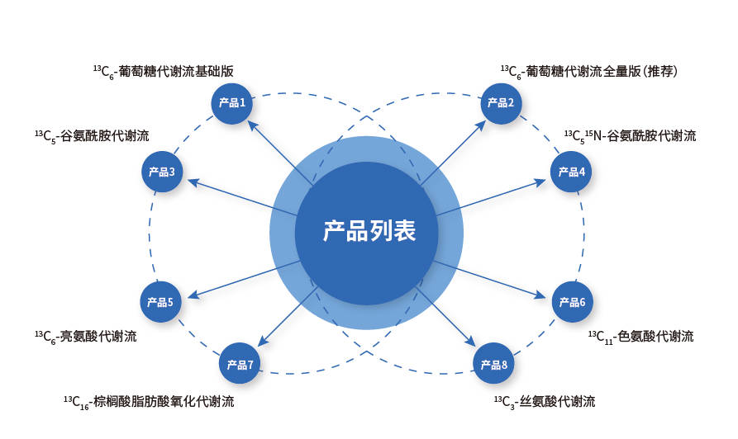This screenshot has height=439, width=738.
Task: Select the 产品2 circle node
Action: (501, 103)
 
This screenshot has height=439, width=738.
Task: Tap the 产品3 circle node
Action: (162, 172)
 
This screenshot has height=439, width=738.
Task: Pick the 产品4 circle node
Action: (572, 172)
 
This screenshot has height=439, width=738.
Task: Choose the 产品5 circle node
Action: (160, 302)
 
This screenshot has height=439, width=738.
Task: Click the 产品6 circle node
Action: (572, 302)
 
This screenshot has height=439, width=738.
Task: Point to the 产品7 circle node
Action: (240, 364)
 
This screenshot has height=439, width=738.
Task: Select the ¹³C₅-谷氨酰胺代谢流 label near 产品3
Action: (92, 136)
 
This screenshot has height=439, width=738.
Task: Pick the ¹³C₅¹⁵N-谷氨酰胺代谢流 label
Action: (630, 136)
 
